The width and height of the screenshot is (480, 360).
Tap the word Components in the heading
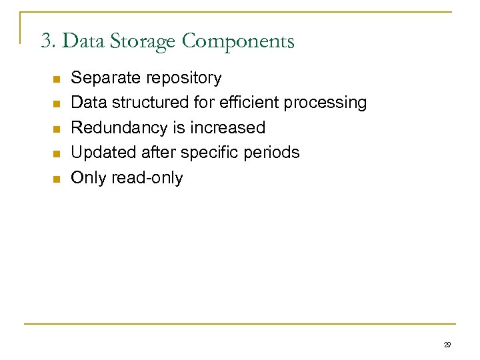(237, 42)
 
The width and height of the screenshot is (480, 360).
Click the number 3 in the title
(45, 42)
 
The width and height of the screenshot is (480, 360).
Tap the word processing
(325, 103)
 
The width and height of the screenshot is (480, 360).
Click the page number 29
(447, 345)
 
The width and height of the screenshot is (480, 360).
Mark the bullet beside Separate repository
(56, 79)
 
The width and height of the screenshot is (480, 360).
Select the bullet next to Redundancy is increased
(56, 129)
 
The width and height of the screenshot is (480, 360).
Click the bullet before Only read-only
(56, 179)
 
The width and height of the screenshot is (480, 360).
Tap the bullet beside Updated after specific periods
(56, 153)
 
